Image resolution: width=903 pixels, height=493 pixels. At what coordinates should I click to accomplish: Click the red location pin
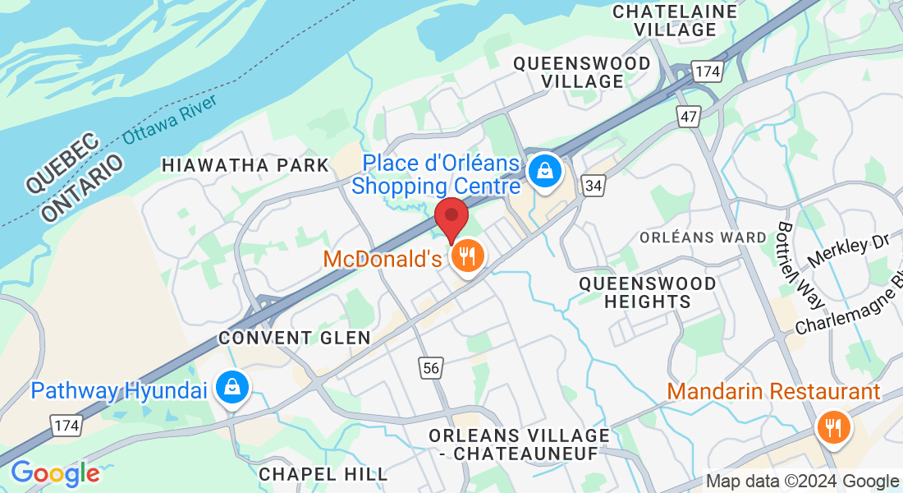coord(451,218)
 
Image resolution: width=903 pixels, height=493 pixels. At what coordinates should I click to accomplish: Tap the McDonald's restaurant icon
coord(468,257)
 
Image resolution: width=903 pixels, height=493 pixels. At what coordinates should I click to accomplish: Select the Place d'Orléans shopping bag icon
coord(544,172)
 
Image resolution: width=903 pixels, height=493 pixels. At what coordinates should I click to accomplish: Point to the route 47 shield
coord(688,117)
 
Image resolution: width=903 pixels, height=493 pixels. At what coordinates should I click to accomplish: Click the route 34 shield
coord(594,187)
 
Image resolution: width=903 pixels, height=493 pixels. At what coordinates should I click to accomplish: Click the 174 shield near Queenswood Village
coord(706,72)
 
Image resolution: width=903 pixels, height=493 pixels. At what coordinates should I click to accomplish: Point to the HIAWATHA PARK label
coord(245,165)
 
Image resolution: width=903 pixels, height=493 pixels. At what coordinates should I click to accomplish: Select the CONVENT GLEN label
coord(295,338)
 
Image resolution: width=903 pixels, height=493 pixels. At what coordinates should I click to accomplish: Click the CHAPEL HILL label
coord(323,474)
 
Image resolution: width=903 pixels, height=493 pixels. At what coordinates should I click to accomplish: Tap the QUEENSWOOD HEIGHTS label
coord(647,293)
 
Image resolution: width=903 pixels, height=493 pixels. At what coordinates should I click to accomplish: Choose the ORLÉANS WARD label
coord(703,237)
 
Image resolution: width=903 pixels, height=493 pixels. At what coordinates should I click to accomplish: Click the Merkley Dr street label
coord(849,250)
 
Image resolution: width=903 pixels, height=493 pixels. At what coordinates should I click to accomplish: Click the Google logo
coord(54,473)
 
